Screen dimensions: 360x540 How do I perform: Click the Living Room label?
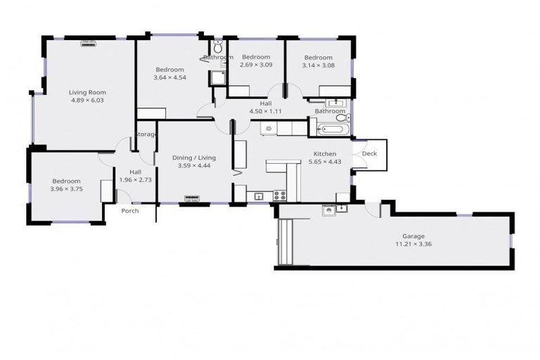point(87,92)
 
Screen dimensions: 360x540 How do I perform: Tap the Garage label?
point(413,236)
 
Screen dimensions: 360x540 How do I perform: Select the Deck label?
point(369,153)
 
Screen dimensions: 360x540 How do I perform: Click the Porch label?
point(130,211)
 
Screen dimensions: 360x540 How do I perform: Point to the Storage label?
point(146,134)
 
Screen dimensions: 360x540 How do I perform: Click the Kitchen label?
point(325,153)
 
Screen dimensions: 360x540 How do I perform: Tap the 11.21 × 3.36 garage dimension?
point(413,245)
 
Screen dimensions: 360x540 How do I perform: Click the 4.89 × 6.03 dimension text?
point(87,101)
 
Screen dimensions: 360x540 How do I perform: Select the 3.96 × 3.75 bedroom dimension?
point(66,188)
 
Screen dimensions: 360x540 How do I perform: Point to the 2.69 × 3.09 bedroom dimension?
point(256,65)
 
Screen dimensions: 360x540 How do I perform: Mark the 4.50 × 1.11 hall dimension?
point(265,111)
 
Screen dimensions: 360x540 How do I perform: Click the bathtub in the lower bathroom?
point(330,129)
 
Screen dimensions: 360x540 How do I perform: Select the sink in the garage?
point(328,210)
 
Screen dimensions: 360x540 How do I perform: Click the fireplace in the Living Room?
point(88,43)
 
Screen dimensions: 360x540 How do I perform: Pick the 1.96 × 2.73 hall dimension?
point(136,180)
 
